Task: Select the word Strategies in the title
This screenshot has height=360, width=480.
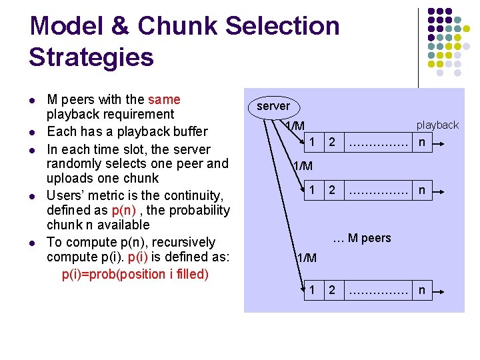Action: coord(91,57)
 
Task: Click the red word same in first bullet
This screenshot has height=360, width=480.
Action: coord(164,100)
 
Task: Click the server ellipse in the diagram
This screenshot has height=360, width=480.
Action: coord(273,106)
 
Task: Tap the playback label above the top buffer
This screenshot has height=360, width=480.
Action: coord(437,125)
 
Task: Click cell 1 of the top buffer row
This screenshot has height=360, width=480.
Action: coord(311,141)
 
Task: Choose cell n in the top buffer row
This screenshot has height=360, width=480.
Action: coord(421,141)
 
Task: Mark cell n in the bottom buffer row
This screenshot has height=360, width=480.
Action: coord(421,289)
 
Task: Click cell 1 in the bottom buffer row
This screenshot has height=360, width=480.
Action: coord(311,289)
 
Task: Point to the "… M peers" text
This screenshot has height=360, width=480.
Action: coord(361,238)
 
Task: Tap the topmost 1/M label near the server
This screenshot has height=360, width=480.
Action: coord(294,126)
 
